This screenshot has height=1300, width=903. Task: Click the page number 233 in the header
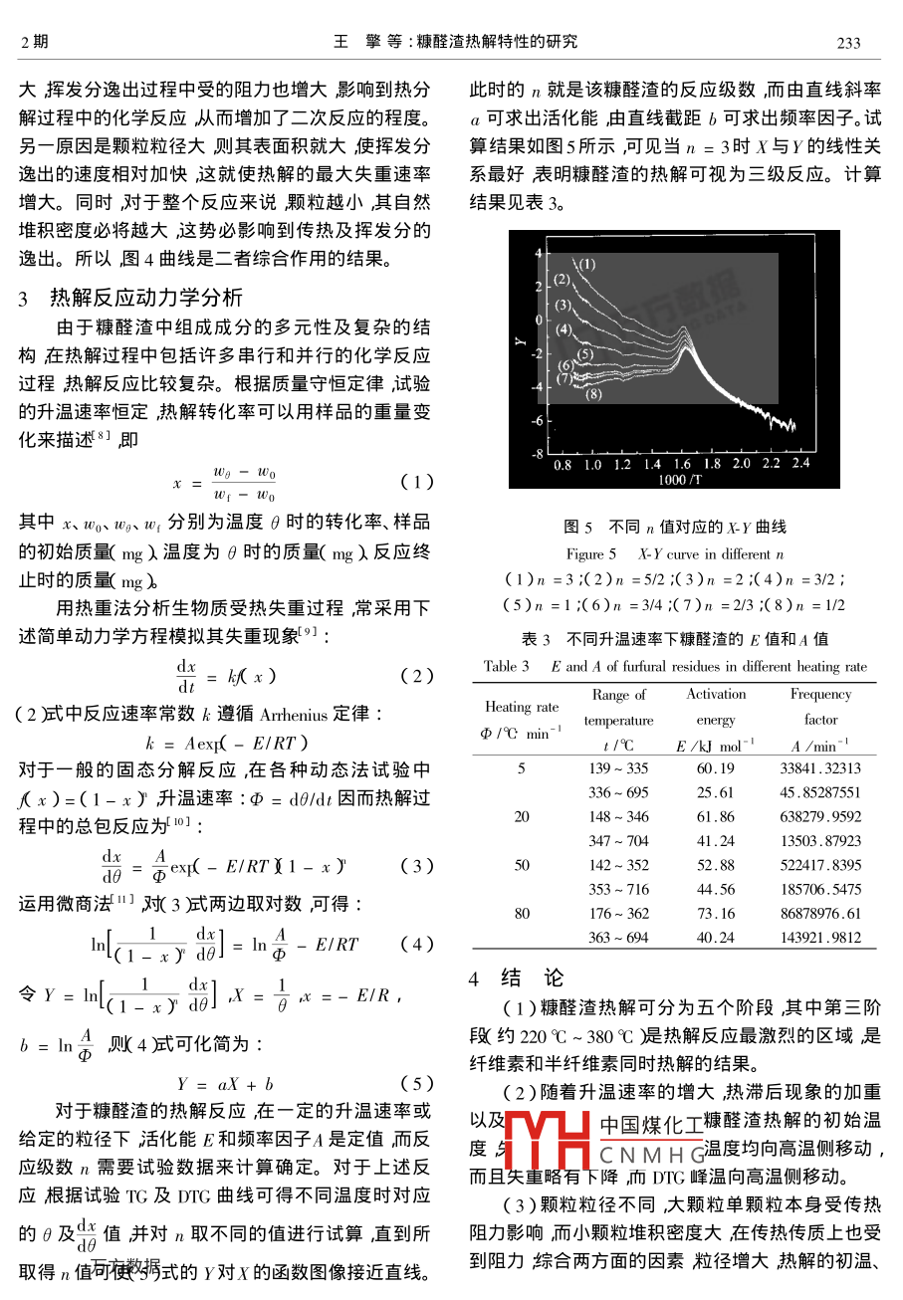tap(847, 42)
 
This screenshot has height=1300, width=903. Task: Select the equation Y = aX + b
tap(225, 1084)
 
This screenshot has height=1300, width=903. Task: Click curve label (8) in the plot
tap(593, 394)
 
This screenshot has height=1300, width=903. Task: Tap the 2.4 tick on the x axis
tap(802, 464)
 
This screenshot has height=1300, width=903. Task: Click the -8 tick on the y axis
tap(537, 454)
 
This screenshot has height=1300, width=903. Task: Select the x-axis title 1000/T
tap(679, 479)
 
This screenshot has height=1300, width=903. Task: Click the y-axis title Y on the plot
tap(520, 341)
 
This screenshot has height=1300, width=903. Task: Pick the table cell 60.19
tap(715, 768)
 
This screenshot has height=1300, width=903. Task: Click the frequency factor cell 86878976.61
tap(820, 913)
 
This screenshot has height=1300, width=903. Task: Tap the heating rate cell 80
tap(522, 913)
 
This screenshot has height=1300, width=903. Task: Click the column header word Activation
tap(715, 695)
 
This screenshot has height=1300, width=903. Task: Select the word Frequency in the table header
tap(820, 695)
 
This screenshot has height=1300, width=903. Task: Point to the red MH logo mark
tap(549, 1142)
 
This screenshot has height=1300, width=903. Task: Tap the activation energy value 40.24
tap(715, 937)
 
